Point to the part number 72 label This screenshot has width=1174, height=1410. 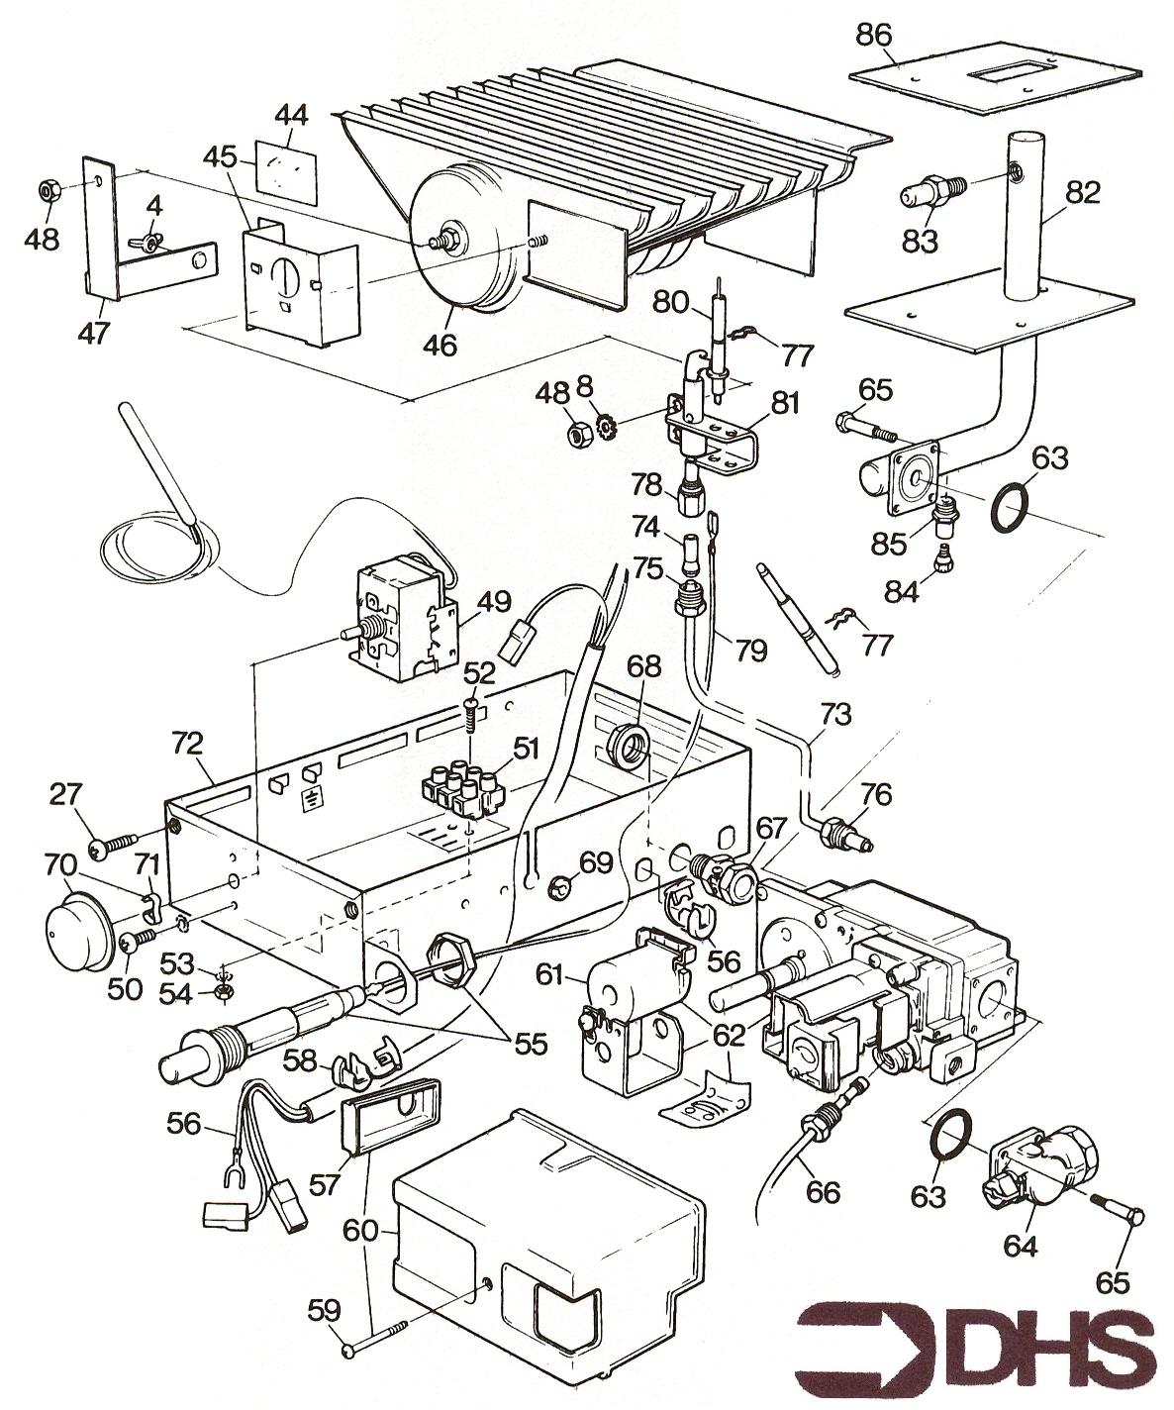(188, 743)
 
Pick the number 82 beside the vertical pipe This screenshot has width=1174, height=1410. (1083, 193)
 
